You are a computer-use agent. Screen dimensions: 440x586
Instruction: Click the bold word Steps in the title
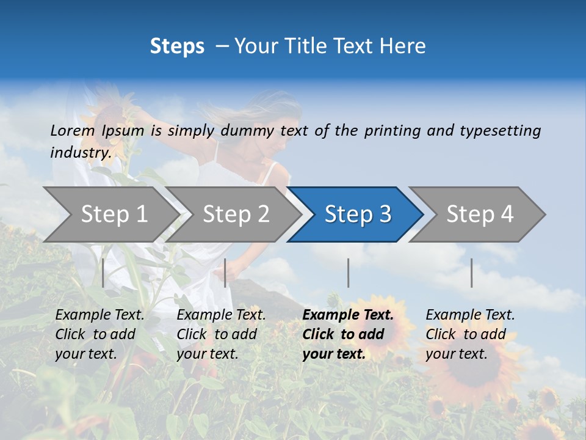pyautogui.click(x=177, y=46)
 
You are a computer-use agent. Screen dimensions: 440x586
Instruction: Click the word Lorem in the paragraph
pyautogui.click(x=73, y=130)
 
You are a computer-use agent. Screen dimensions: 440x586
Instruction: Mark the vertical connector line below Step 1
pyautogui.click(x=103, y=273)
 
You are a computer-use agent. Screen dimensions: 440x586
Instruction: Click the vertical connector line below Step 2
pyautogui.click(x=225, y=273)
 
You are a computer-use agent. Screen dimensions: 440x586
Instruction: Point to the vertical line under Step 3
pyautogui.click(x=348, y=273)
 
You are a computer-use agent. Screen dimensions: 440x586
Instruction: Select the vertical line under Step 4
pyautogui.click(x=471, y=273)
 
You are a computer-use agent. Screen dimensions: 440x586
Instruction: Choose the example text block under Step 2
pyautogui.click(x=221, y=334)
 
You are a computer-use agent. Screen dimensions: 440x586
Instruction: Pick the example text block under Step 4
pyautogui.click(x=470, y=334)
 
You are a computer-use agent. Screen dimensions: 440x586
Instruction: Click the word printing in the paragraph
pyautogui.click(x=393, y=130)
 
